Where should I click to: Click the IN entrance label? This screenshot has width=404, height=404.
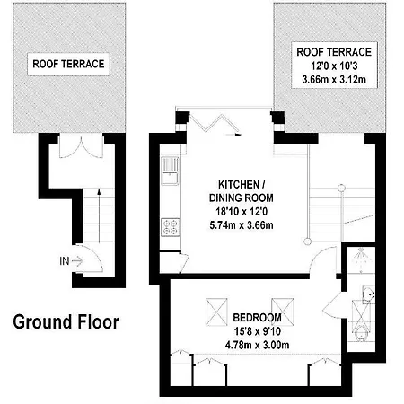tap(64, 261)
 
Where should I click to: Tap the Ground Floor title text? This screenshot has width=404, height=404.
tap(66, 322)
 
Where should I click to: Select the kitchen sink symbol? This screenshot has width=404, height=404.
tap(170, 171)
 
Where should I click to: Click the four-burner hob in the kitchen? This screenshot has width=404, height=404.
tap(171, 227)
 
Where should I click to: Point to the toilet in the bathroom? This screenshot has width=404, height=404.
tap(361, 334)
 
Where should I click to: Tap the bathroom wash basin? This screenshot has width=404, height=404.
tap(368, 294)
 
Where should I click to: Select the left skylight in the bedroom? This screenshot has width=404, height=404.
tap(216, 312)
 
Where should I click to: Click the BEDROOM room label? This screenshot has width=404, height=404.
tap(257, 317)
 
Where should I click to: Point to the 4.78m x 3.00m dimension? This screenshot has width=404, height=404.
tap(257, 345)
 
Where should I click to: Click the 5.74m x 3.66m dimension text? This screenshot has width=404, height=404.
tap(242, 225)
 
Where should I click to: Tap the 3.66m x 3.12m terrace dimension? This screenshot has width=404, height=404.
tap(334, 80)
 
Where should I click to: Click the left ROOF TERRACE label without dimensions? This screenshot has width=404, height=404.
tap(68, 64)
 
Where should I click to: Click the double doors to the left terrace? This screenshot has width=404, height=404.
tap(81, 146)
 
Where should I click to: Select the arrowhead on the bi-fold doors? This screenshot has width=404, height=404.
tap(238, 135)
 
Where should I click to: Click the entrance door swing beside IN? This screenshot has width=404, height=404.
tap(90, 258)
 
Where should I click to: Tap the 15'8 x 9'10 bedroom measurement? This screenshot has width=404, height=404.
tap(257, 331)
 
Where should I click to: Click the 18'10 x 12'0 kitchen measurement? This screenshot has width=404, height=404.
tap(242, 212)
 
